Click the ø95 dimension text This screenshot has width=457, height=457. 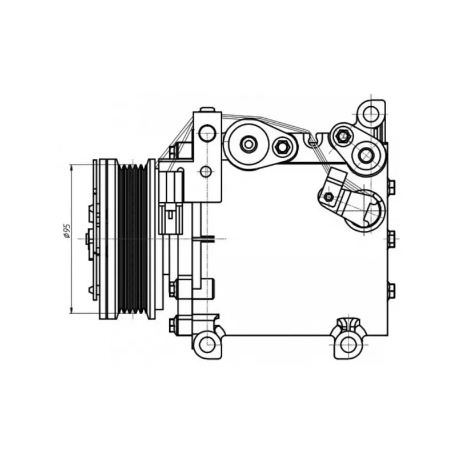click(x=67, y=231)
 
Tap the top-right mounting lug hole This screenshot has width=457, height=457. click(x=371, y=114)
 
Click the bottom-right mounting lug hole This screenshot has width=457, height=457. click(x=348, y=344)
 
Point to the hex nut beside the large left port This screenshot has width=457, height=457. click(x=281, y=147)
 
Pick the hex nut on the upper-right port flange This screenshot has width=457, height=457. click(x=342, y=136)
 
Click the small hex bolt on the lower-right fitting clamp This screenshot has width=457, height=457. click(x=329, y=197)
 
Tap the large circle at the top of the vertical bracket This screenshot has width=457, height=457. click(x=207, y=133)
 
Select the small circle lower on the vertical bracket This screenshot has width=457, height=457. click(x=206, y=171)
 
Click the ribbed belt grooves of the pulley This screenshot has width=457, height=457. click(x=133, y=239)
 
